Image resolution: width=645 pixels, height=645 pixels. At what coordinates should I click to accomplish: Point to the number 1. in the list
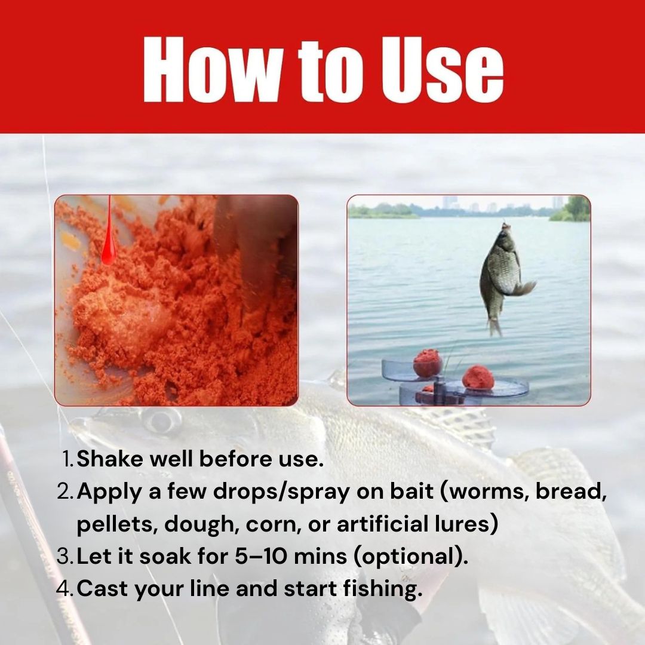(x=68, y=460)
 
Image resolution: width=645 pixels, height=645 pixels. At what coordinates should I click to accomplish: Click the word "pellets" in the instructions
(x=115, y=524)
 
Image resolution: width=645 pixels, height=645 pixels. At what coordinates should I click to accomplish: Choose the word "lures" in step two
(x=463, y=524)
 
